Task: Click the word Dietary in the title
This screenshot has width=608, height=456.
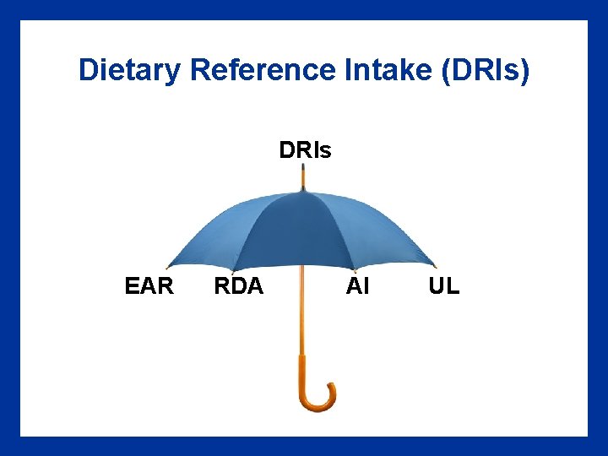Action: point(129,71)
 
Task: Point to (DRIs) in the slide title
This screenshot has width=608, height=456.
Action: point(486,71)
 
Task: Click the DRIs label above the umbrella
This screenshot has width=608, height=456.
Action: point(305,151)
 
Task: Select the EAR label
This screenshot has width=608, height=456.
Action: point(149,286)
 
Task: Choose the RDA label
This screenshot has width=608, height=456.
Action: point(239,286)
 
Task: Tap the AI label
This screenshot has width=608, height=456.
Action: point(358,286)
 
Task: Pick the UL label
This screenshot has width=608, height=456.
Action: point(444,286)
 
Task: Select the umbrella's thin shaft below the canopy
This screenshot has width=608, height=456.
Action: point(301,312)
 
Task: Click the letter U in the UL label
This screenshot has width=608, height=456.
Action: point(437,286)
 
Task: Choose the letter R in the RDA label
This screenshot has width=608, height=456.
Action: point(222,286)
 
